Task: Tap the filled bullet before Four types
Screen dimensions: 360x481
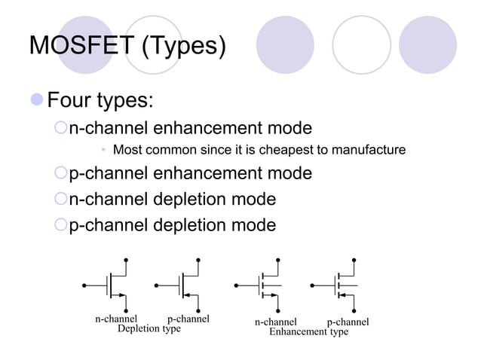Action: click(x=37, y=99)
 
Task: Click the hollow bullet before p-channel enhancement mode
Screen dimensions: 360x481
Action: click(x=61, y=175)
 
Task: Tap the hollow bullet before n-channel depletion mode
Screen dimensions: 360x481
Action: click(x=61, y=200)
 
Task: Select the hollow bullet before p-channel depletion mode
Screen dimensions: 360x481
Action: click(x=61, y=225)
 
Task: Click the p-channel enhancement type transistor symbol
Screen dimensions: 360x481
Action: click(x=342, y=285)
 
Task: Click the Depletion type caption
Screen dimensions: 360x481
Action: click(x=149, y=329)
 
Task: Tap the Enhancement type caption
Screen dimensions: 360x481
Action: click(x=308, y=331)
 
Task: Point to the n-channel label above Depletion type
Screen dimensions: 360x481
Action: click(x=116, y=319)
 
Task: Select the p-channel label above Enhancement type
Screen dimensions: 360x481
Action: click(x=348, y=322)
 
